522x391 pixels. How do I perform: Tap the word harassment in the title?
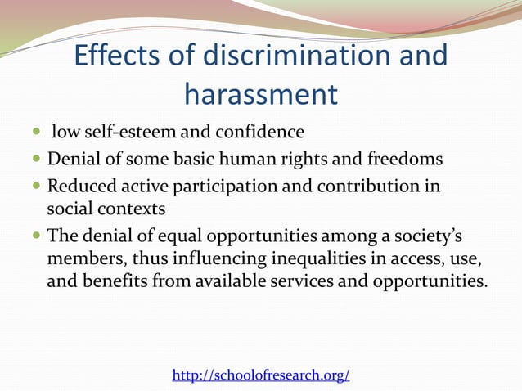(260, 95)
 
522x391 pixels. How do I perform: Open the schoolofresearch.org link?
(261, 375)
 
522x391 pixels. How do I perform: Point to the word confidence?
(262, 132)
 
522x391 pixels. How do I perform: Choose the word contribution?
(367, 186)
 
